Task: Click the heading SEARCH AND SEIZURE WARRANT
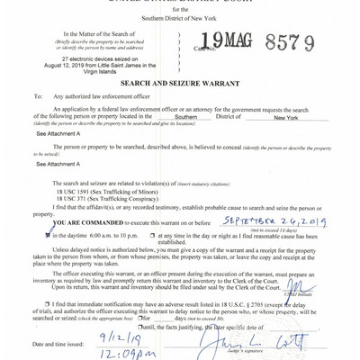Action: pyautogui.click(x=180, y=82)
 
